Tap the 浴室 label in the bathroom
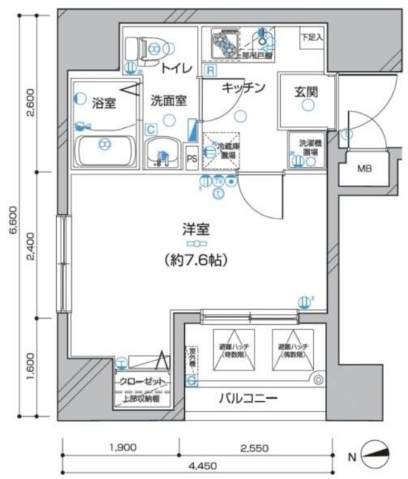(x=103, y=103)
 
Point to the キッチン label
(x=244, y=88)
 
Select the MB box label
(x=364, y=168)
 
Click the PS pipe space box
(x=192, y=158)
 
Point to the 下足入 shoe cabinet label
(x=311, y=36)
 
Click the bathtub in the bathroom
(x=106, y=150)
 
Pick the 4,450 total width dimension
(x=197, y=465)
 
